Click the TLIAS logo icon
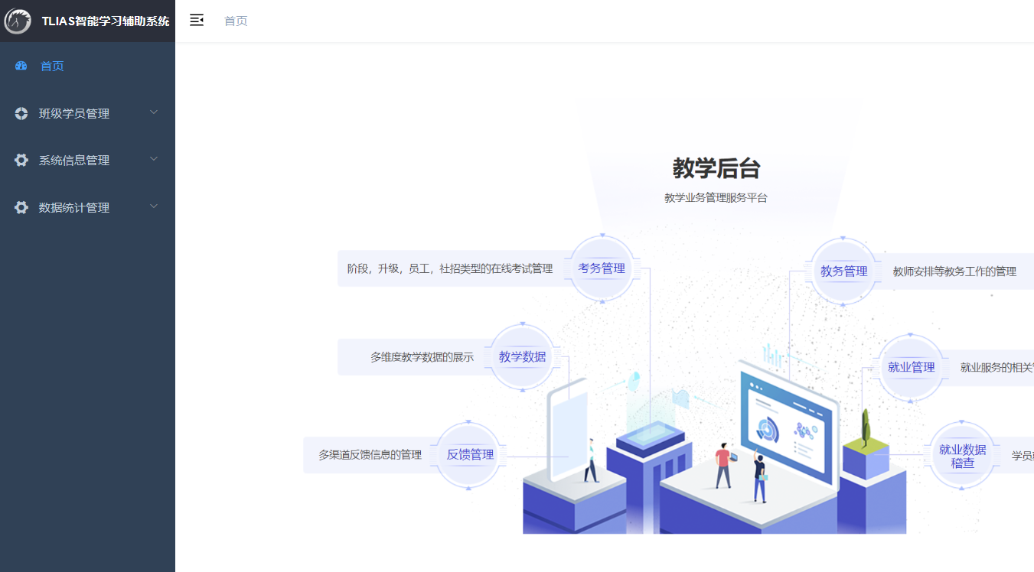tap(18, 21)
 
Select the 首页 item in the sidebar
tap(52, 66)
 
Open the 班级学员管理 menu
tap(74, 113)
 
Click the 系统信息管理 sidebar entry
tap(74, 161)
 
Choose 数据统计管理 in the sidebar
tap(74, 207)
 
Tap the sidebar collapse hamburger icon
tap(197, 21)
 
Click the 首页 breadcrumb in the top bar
tap(236, 21)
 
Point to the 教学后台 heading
tap(716, 167)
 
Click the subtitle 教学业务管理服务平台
tap(716, 198)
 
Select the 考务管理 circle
tap(602, 268)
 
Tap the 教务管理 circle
tap(843, 271)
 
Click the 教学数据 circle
tap(522, 356)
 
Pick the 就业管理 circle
tap(911, 367)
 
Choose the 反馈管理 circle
tap(470, 454)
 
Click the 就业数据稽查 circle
tap(962, 456)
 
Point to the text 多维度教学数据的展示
tap(422, 357)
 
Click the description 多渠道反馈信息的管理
tap(370, 455)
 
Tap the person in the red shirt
tap(722, 464)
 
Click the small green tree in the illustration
tap(866, 427)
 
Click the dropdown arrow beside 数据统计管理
tap(154, 206)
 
